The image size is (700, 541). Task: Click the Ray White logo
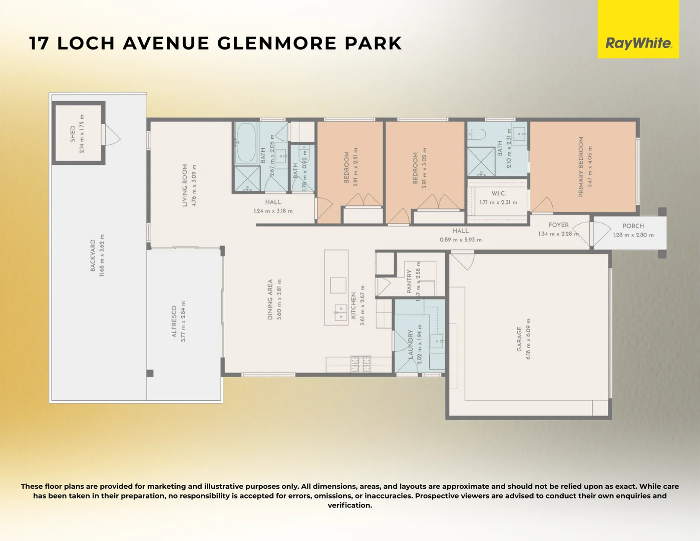(x=638, y=43)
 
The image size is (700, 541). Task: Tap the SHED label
(x=73, y=134)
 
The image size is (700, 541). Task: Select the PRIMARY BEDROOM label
(x=581, y=166)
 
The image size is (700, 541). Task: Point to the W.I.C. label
(x=498, y=193)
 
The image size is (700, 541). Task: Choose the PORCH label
(x=633, y=226)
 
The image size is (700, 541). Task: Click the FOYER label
(x=558, y=225)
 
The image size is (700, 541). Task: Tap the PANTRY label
(x=410, y=281)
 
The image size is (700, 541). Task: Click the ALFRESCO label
(x=174, y=321)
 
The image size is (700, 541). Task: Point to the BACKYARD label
(x=93, y=255)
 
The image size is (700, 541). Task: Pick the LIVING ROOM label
(x=185, y=185)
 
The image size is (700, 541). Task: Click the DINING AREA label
(x=270, y=299)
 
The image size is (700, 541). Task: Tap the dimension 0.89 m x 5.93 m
(x=461, y=240)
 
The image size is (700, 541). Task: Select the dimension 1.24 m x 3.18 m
(x=273, y=211)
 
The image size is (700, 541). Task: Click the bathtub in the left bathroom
(x=246, y=143)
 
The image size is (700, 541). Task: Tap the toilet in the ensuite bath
(x=477, y=134)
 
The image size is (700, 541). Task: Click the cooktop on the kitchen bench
(x=361, y=363)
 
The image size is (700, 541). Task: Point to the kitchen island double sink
(x=340, y=313)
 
